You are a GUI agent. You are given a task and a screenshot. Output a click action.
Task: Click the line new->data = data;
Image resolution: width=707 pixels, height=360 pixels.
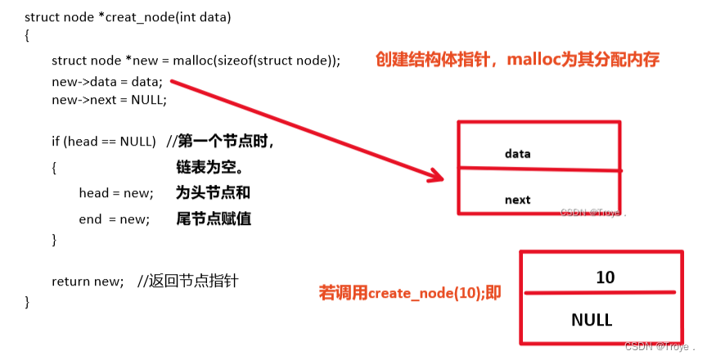(x=107, y=82)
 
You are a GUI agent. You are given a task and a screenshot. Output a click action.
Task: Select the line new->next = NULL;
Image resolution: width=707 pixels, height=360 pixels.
(x=109, y=100)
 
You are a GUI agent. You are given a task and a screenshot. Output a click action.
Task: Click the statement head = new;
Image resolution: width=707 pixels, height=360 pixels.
(x=116, y=193)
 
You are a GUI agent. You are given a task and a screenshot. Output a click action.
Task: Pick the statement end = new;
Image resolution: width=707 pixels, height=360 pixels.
(x=115, y=219)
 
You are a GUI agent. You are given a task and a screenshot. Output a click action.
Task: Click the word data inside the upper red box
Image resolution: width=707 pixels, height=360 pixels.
(x=518, y=153)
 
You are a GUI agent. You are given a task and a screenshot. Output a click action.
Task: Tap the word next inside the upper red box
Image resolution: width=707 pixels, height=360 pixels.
(x=517, y=200)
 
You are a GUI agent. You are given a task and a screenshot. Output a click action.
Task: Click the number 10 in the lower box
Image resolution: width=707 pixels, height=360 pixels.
(x=605, y=277)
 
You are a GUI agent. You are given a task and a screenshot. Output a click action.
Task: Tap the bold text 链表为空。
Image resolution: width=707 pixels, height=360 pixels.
(x=209, y=168)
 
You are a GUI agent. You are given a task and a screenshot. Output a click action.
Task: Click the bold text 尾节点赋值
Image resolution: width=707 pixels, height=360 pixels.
(x=213, y=219)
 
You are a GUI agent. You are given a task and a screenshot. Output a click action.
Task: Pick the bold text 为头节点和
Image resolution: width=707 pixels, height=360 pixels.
(x=213, y=193)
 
